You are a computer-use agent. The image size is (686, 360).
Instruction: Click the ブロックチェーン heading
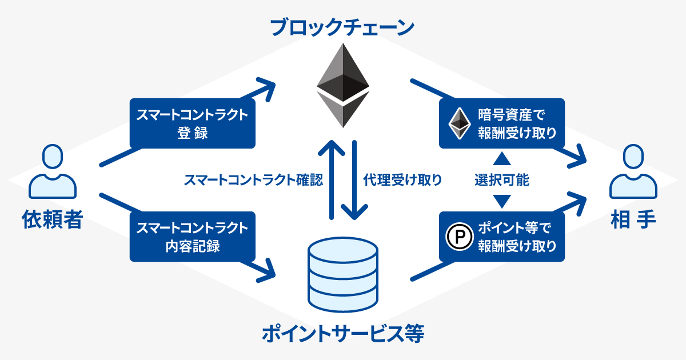pyautogui.click(x=342, y=27)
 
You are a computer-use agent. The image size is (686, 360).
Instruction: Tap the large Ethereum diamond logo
pyautogui.click(x=342, y=85)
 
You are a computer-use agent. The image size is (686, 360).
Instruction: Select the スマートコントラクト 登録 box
pyautogui.click(x=192, y=123)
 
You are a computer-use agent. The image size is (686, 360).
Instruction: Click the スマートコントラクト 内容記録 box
pyautogui.click(x=192, y=237)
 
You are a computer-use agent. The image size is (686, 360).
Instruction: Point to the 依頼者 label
pyautogui.click(x=53, y=219)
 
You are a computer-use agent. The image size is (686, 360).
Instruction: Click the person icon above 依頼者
pyautogui.click(x=53, y=171)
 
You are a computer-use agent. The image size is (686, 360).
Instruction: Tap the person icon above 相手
pyautogui.click(x=633, y=171)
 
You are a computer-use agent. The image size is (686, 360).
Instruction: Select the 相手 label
pyautogui.click(x=633, y=219)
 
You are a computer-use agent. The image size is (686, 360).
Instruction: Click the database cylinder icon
pyautogui.click(x=342, y=274)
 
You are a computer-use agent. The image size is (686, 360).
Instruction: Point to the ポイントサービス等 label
pyautogui.click(x=342, y=334)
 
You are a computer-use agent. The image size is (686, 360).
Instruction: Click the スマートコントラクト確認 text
pyautogui.click(x=253, y=180)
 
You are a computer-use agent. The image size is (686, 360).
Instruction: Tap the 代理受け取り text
pyautogui.click(x=402, y=180)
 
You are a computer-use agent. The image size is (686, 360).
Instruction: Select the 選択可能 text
pyautogui.click(x=502, y=180)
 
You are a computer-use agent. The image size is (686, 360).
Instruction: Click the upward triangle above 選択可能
pyautogui.click(x=502, y=159)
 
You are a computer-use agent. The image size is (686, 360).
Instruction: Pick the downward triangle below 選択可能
pyautogui.click(x=502, y=201)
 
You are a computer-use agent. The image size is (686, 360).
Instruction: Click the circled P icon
pyautogui.click(x=460, y=237)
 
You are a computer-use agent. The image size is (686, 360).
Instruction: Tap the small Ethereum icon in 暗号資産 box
pyautogui.click(x=460, y=123)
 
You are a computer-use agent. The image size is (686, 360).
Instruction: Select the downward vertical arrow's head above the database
pyautogui.click(x=354, y=213)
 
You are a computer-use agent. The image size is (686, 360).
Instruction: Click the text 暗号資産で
pyautogui.click(x=512, y=115)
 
